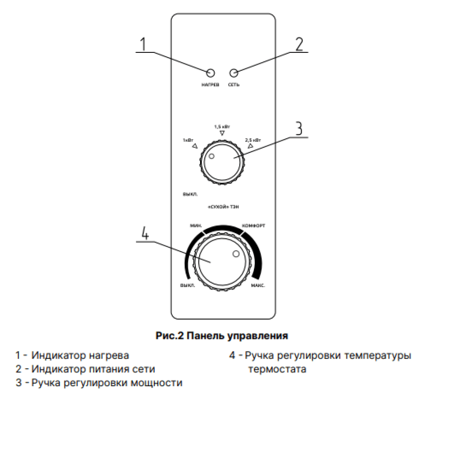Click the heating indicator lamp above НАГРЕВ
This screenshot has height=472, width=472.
211,73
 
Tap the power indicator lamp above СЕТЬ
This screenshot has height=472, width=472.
234,73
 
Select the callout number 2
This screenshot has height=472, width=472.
299,43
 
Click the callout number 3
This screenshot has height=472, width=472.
298,129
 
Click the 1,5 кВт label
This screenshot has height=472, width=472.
222,127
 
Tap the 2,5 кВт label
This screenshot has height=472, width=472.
253,140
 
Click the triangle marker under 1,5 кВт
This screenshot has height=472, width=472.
222,135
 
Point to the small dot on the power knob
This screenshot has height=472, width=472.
211,156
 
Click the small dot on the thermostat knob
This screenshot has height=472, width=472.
236,254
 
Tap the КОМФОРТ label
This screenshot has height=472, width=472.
253,226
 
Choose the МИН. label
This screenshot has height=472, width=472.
196,226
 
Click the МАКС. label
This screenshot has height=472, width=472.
258,286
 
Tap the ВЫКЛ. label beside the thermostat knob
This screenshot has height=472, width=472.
187,286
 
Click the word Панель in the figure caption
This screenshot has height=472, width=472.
206,336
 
